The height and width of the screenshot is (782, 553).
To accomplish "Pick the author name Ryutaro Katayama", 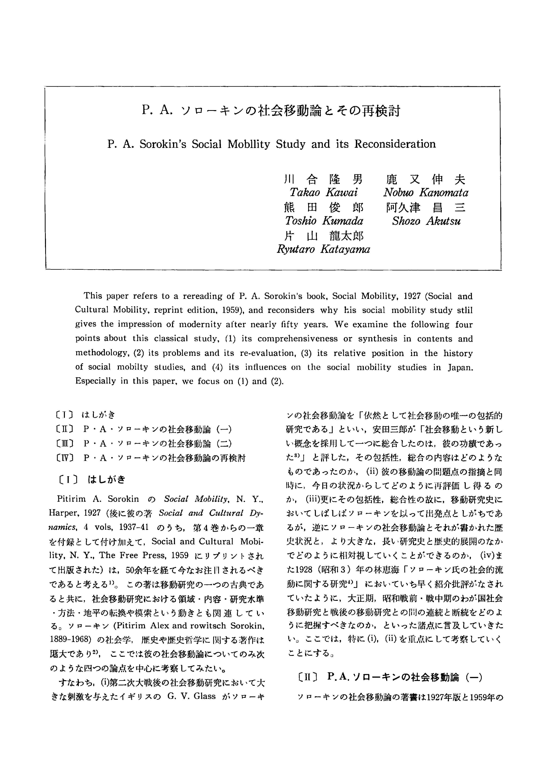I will click(x=323, y=250).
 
